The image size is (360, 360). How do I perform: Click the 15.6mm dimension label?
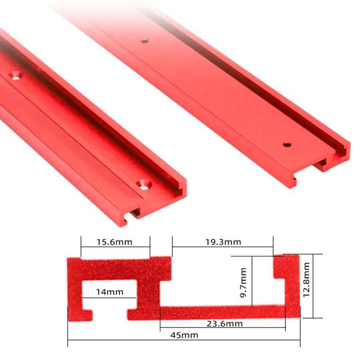coord(115,242)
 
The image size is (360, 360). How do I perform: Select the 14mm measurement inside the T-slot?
coord(109,292)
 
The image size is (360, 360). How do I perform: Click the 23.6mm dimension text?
coord(223,324)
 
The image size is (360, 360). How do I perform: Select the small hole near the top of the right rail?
coord(144,41)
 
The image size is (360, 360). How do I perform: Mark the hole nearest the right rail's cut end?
coord(286,145)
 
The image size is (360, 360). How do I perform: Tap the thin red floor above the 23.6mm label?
coord(222,312)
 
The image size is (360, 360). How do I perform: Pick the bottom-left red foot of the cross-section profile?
coord(79,314)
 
